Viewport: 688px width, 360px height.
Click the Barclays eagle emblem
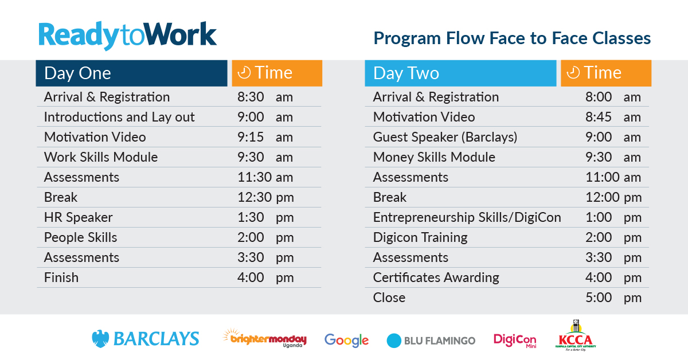[100, 339]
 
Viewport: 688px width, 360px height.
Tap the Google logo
[346, 341]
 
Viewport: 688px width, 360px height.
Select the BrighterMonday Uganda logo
[264, 338]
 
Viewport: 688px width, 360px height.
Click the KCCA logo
[576, 335]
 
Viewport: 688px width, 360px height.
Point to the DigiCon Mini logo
[515, 341]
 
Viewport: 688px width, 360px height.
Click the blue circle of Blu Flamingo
[394, 341]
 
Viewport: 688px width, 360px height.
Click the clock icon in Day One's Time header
[244, 72]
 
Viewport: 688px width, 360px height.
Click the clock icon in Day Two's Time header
[573, 72]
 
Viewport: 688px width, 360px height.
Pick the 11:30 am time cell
[265, 177]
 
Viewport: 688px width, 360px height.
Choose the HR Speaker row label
[79, 217]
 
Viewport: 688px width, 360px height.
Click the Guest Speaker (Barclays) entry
[445, 138]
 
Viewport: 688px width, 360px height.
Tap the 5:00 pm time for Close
[613, 298]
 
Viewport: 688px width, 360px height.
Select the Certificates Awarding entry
[436, 277]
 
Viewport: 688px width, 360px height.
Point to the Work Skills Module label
[101, 157]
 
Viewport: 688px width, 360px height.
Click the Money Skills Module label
[434, 157]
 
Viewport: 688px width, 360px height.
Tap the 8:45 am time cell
[613, 117]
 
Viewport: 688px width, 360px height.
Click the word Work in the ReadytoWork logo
[181, 34]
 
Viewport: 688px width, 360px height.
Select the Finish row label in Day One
[61, 277]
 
